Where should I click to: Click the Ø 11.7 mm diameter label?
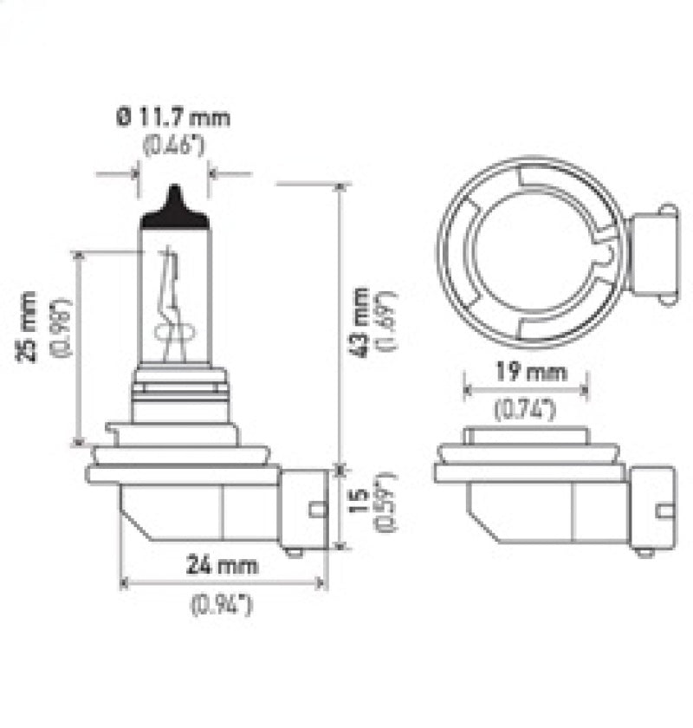[x=173, y=116]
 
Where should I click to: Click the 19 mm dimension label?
[x=527, y=374]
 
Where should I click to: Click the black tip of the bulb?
[x=175, y=208]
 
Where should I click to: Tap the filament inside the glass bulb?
[x=172, y=303]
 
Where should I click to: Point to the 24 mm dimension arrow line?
[x=223, y=583]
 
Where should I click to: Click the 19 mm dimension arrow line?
[x=527, y=391]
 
